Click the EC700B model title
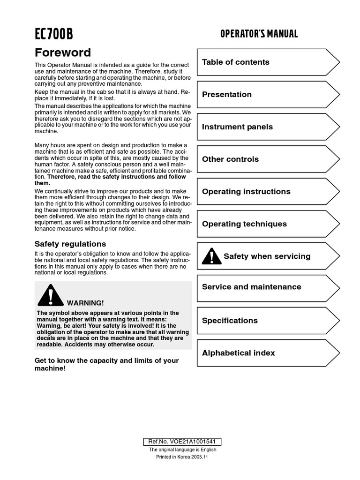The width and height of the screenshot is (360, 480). [x=54, y=34]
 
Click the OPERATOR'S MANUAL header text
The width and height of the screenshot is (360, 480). [x=259, y=34]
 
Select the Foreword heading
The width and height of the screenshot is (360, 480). [x=63, y=52]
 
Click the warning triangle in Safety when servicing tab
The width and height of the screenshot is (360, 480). [x=211, y=256]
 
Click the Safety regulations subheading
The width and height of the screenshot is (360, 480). [x=70, y=244]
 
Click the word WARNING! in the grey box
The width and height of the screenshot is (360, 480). [x=85, y=303]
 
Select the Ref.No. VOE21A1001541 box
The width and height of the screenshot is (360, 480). [x=182, y=442]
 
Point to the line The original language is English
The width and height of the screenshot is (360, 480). [x=182, y=450]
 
